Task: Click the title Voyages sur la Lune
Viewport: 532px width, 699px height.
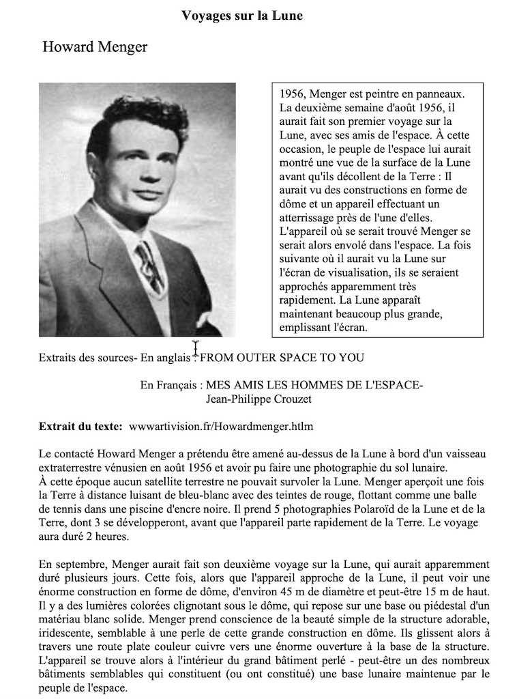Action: coord(242,15)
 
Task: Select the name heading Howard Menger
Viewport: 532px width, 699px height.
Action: coord(95,47)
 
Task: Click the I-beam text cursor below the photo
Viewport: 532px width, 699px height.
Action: coord(196,348)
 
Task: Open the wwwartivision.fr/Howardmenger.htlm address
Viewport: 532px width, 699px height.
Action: coord(221,427)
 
